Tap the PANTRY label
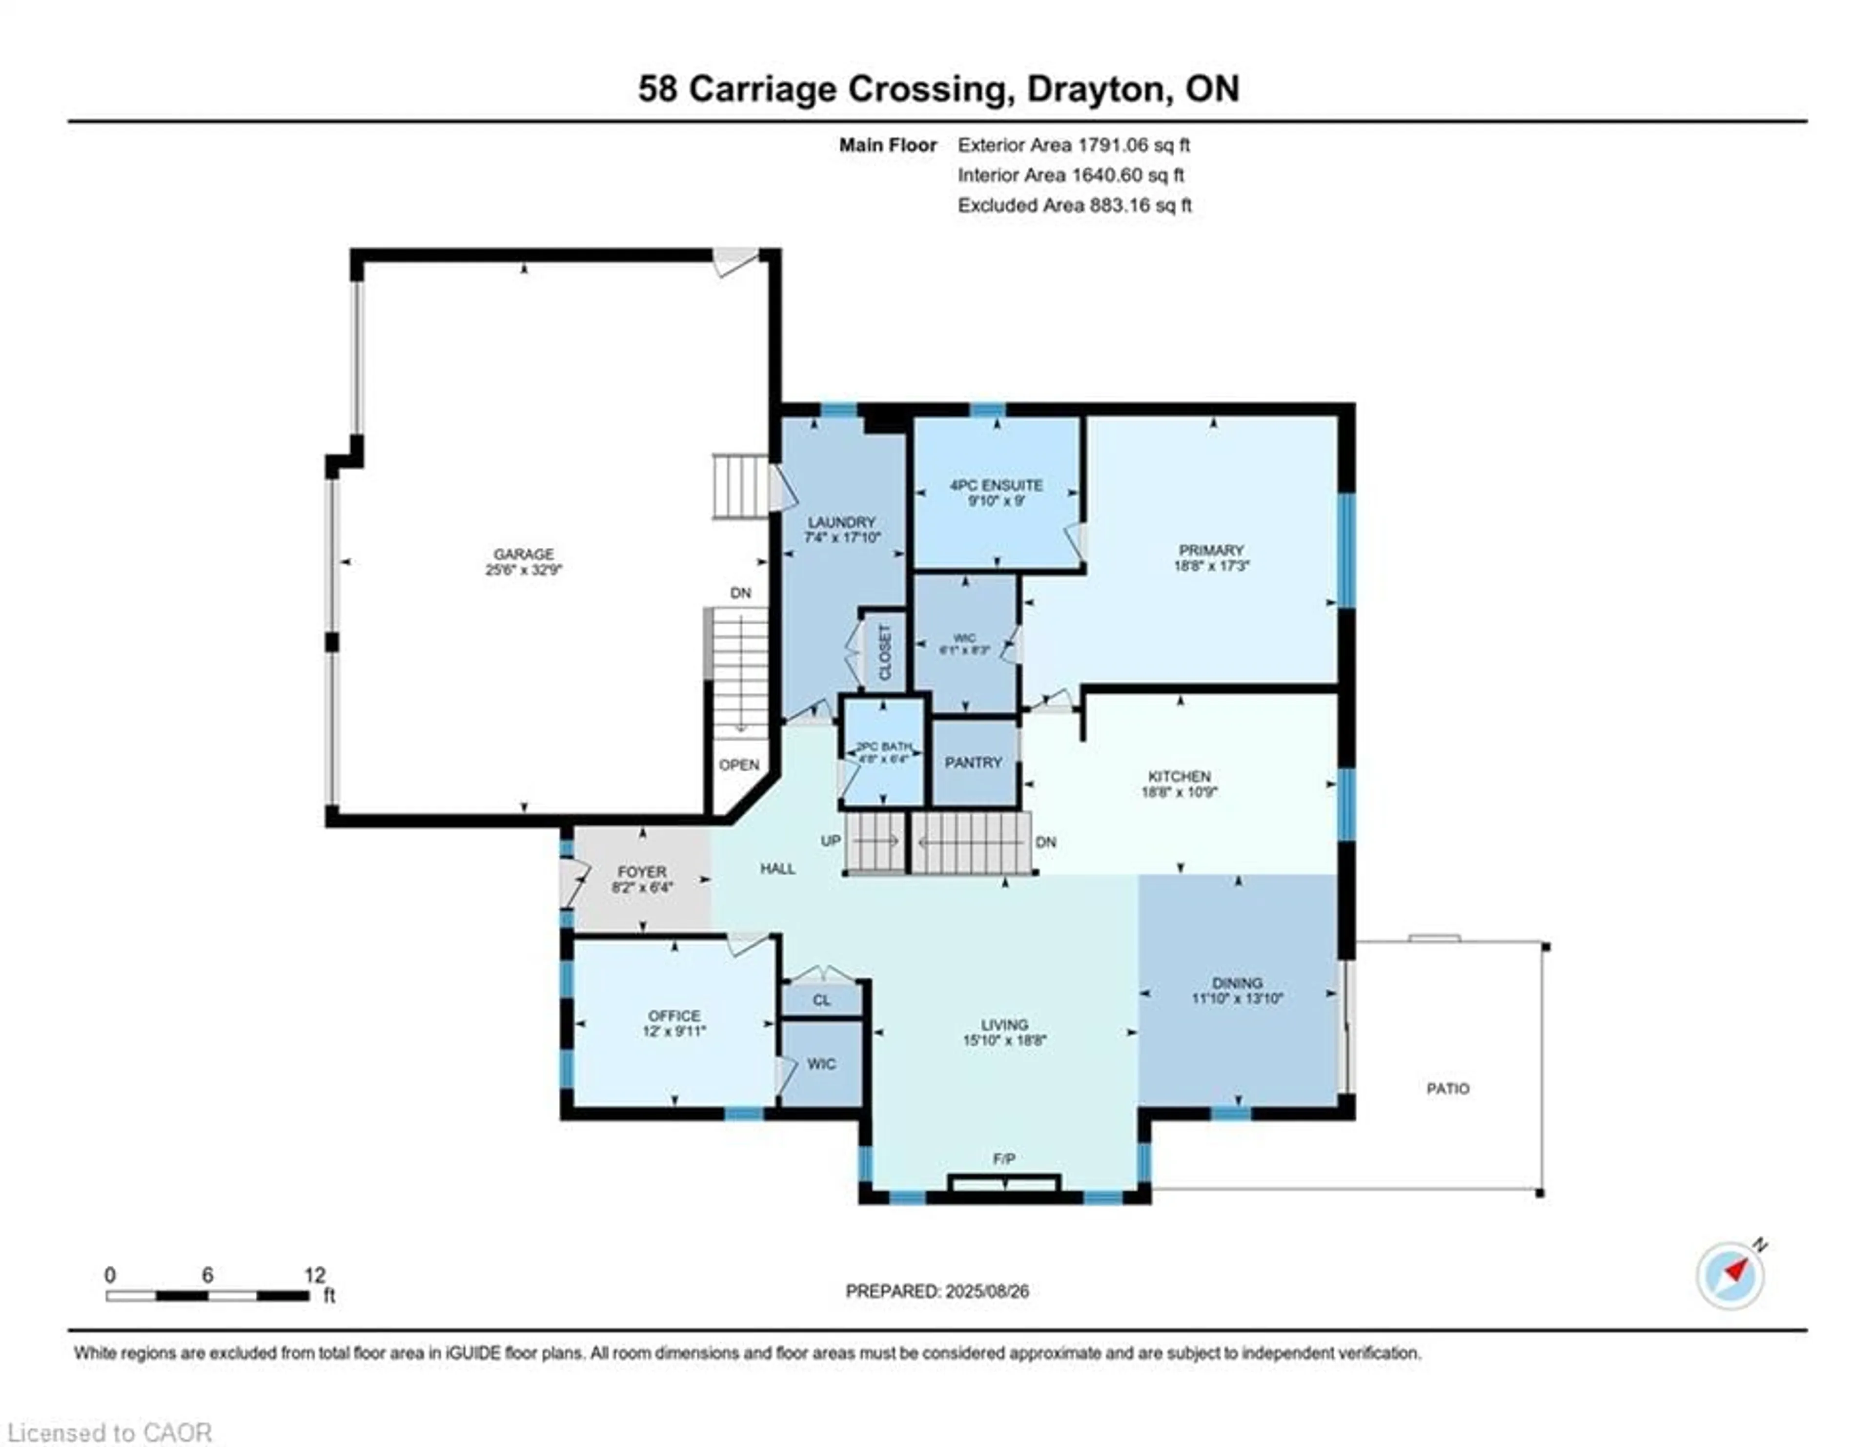(973, 762)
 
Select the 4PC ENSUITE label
(996, 485)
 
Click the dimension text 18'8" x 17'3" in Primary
(1211, 566)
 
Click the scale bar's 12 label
(314, 1275)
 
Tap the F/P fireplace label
(1004, 1158)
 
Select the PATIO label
(1447, 1088)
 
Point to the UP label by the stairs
(830, 841)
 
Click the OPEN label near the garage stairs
(739, 765)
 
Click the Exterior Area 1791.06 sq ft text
(1074, 145)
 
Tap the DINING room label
(1237, 983)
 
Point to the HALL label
(777, 868)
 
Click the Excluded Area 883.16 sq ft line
(1074, 205)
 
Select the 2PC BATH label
(884, 746)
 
